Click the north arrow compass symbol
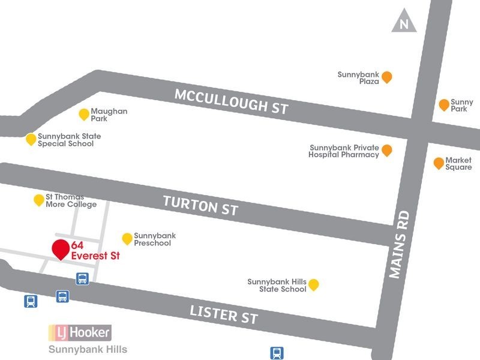coord(404,23)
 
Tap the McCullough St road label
coord(231,101)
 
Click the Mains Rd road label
coord(398,244)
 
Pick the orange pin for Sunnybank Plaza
coord(387,77)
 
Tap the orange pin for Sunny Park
coord(443,105)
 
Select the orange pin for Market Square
coord(438,163)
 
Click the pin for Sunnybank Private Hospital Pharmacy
coord(387,150)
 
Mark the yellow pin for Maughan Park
coord(84,114)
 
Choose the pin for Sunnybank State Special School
coord(31,139)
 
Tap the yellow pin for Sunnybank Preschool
coord(127,239)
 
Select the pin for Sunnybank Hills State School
coord(313,284)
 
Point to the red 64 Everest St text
coord(95,251)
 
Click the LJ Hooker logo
coord(79,332)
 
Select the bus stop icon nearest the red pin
coord(83,278)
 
